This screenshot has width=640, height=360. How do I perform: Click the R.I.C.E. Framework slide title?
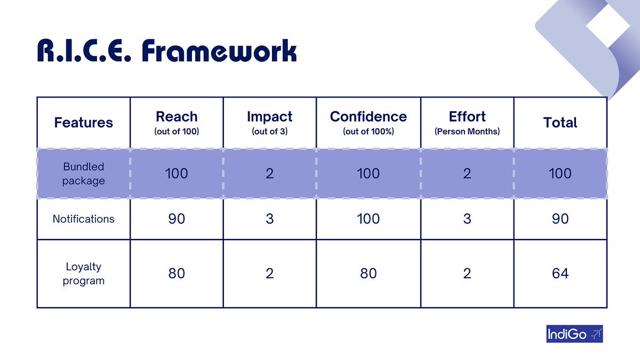[166, 52]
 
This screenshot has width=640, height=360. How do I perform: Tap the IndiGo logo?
[574, 335]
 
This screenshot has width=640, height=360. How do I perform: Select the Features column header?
[83, 122]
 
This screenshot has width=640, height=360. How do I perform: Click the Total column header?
[560, 122]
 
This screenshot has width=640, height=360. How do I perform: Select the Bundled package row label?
[83, 173]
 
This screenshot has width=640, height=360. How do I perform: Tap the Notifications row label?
[83, 219]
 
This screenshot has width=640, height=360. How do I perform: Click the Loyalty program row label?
[83, 274]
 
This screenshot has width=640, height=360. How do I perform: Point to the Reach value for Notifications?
[177, 219]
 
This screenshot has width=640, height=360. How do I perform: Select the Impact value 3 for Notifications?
[269, 219]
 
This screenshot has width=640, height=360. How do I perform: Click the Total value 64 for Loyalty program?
[560, 274]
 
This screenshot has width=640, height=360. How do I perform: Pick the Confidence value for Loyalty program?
[368, 274]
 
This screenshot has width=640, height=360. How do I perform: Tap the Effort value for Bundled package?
[467, 173]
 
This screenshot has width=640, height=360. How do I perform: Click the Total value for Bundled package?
[560, 173]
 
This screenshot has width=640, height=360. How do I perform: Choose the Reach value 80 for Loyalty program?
[177, 274]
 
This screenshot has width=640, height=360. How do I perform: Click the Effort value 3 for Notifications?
[467, 219]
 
